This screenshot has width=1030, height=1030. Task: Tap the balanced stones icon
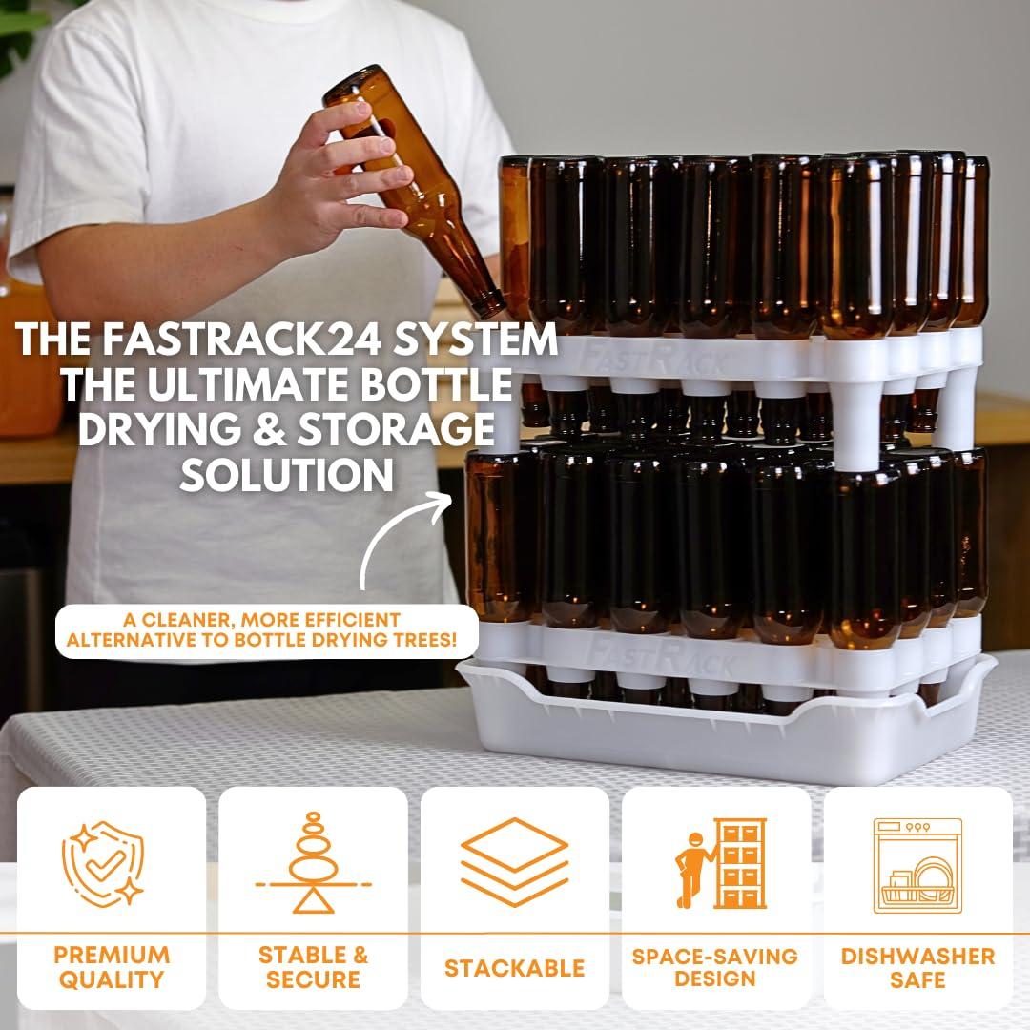[313, 863]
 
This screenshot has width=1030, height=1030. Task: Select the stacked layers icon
[514, 862]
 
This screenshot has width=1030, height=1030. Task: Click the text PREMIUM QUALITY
[111, 967]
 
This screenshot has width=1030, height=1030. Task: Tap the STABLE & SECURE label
[313, 967]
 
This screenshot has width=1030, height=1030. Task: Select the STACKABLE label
[514, 968]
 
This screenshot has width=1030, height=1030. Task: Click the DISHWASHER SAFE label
[917, 967]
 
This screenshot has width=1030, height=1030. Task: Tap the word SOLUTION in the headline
[286, 473]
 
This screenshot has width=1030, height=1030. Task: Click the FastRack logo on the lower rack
[658, 650]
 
